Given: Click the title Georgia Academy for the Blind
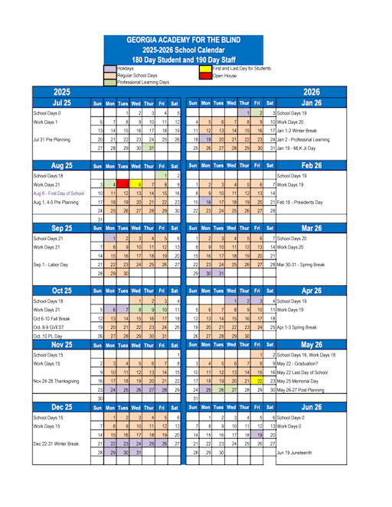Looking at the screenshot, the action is [x=196, y=40].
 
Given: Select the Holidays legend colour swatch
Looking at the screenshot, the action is [x=112, y=68].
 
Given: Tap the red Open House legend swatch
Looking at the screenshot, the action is [x=206, y=76].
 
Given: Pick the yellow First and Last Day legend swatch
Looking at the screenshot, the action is [x=206, y=68].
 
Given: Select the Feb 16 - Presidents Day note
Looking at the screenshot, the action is [x=305, y=202].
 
